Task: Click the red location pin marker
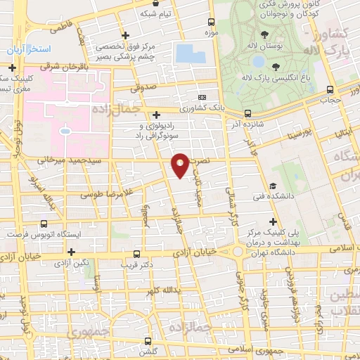point(181,165)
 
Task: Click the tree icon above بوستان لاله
point(264,34)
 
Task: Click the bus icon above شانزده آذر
point(247,113)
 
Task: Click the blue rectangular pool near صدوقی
point(186,53)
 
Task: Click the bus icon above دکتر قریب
point(136,254)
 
